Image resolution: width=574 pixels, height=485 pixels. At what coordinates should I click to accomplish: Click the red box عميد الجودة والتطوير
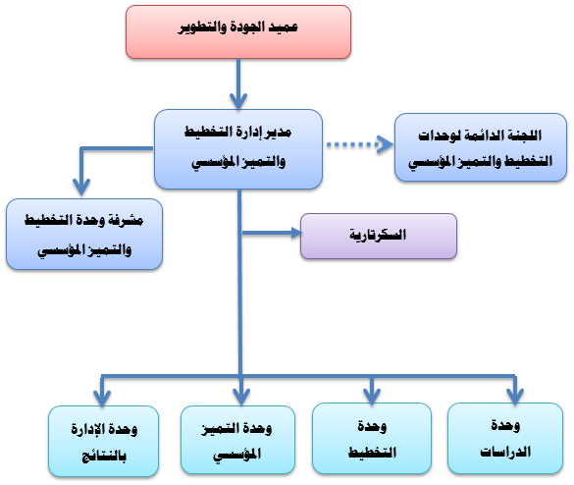238,31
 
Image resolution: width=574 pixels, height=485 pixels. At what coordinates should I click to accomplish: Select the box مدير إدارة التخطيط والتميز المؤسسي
238,149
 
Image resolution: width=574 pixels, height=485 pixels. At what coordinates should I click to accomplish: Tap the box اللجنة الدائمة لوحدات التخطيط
481,147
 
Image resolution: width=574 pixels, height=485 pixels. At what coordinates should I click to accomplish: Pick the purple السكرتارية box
379,237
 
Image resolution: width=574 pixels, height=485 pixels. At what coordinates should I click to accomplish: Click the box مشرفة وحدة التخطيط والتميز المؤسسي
84,235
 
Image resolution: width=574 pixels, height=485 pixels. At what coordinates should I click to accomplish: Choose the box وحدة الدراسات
505,439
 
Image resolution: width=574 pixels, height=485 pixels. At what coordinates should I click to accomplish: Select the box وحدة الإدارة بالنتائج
104,442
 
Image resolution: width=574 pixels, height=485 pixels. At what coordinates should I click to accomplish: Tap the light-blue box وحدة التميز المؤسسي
238,440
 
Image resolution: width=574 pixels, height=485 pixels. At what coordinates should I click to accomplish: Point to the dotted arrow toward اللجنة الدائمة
360,144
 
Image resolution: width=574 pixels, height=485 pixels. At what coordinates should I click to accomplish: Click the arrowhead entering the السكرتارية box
296,233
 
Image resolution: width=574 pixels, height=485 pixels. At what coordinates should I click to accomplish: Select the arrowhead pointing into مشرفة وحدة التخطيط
81,187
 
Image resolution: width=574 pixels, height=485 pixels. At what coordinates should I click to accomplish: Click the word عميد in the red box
284,27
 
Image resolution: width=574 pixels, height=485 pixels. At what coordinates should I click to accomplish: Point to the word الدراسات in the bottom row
505,452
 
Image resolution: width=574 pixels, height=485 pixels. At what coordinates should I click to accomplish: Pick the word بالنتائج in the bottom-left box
104,457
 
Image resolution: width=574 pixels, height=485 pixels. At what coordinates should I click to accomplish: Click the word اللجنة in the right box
525,135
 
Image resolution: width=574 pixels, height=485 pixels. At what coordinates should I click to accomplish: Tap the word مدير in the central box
280,133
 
